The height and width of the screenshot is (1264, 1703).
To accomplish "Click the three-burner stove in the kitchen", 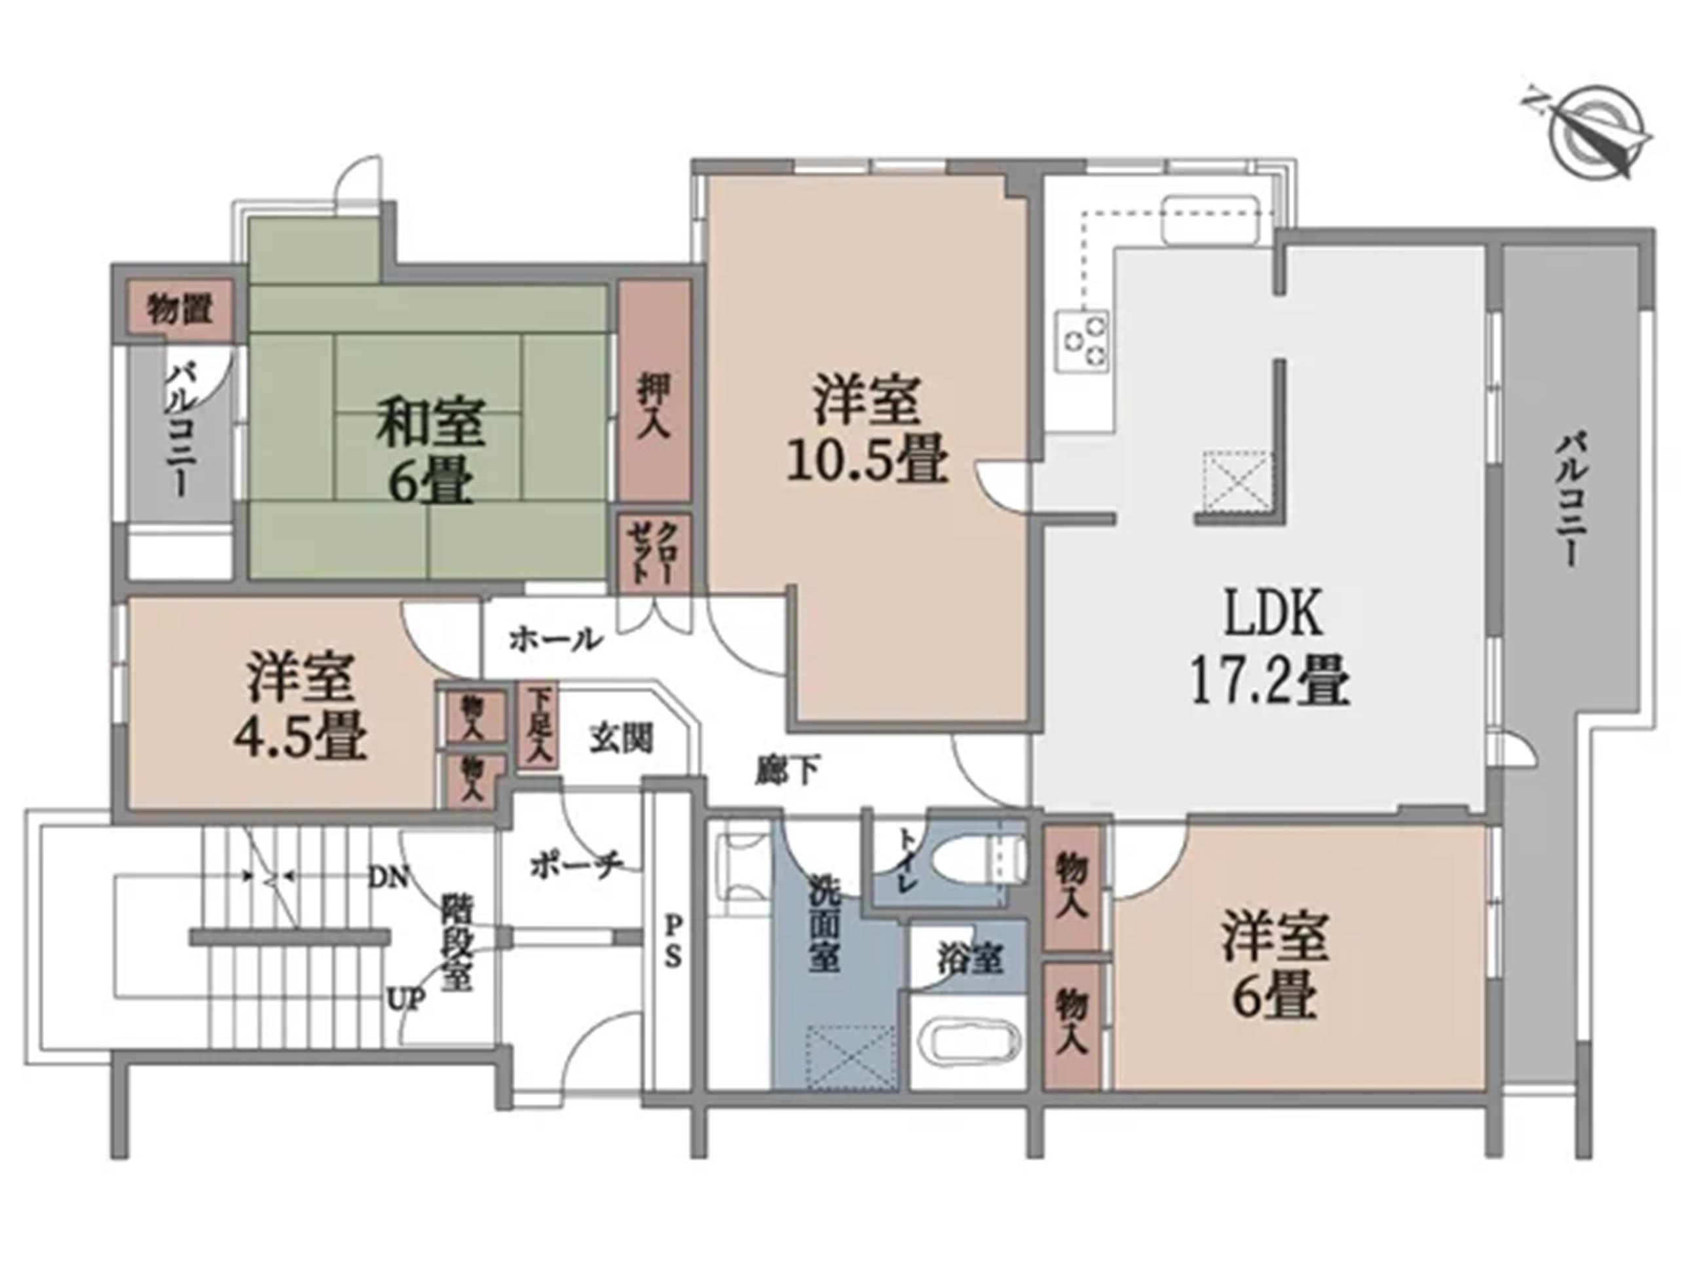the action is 1082,342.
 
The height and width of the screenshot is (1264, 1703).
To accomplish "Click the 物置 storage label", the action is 179,309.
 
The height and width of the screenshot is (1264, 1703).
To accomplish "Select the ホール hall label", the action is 555,640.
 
